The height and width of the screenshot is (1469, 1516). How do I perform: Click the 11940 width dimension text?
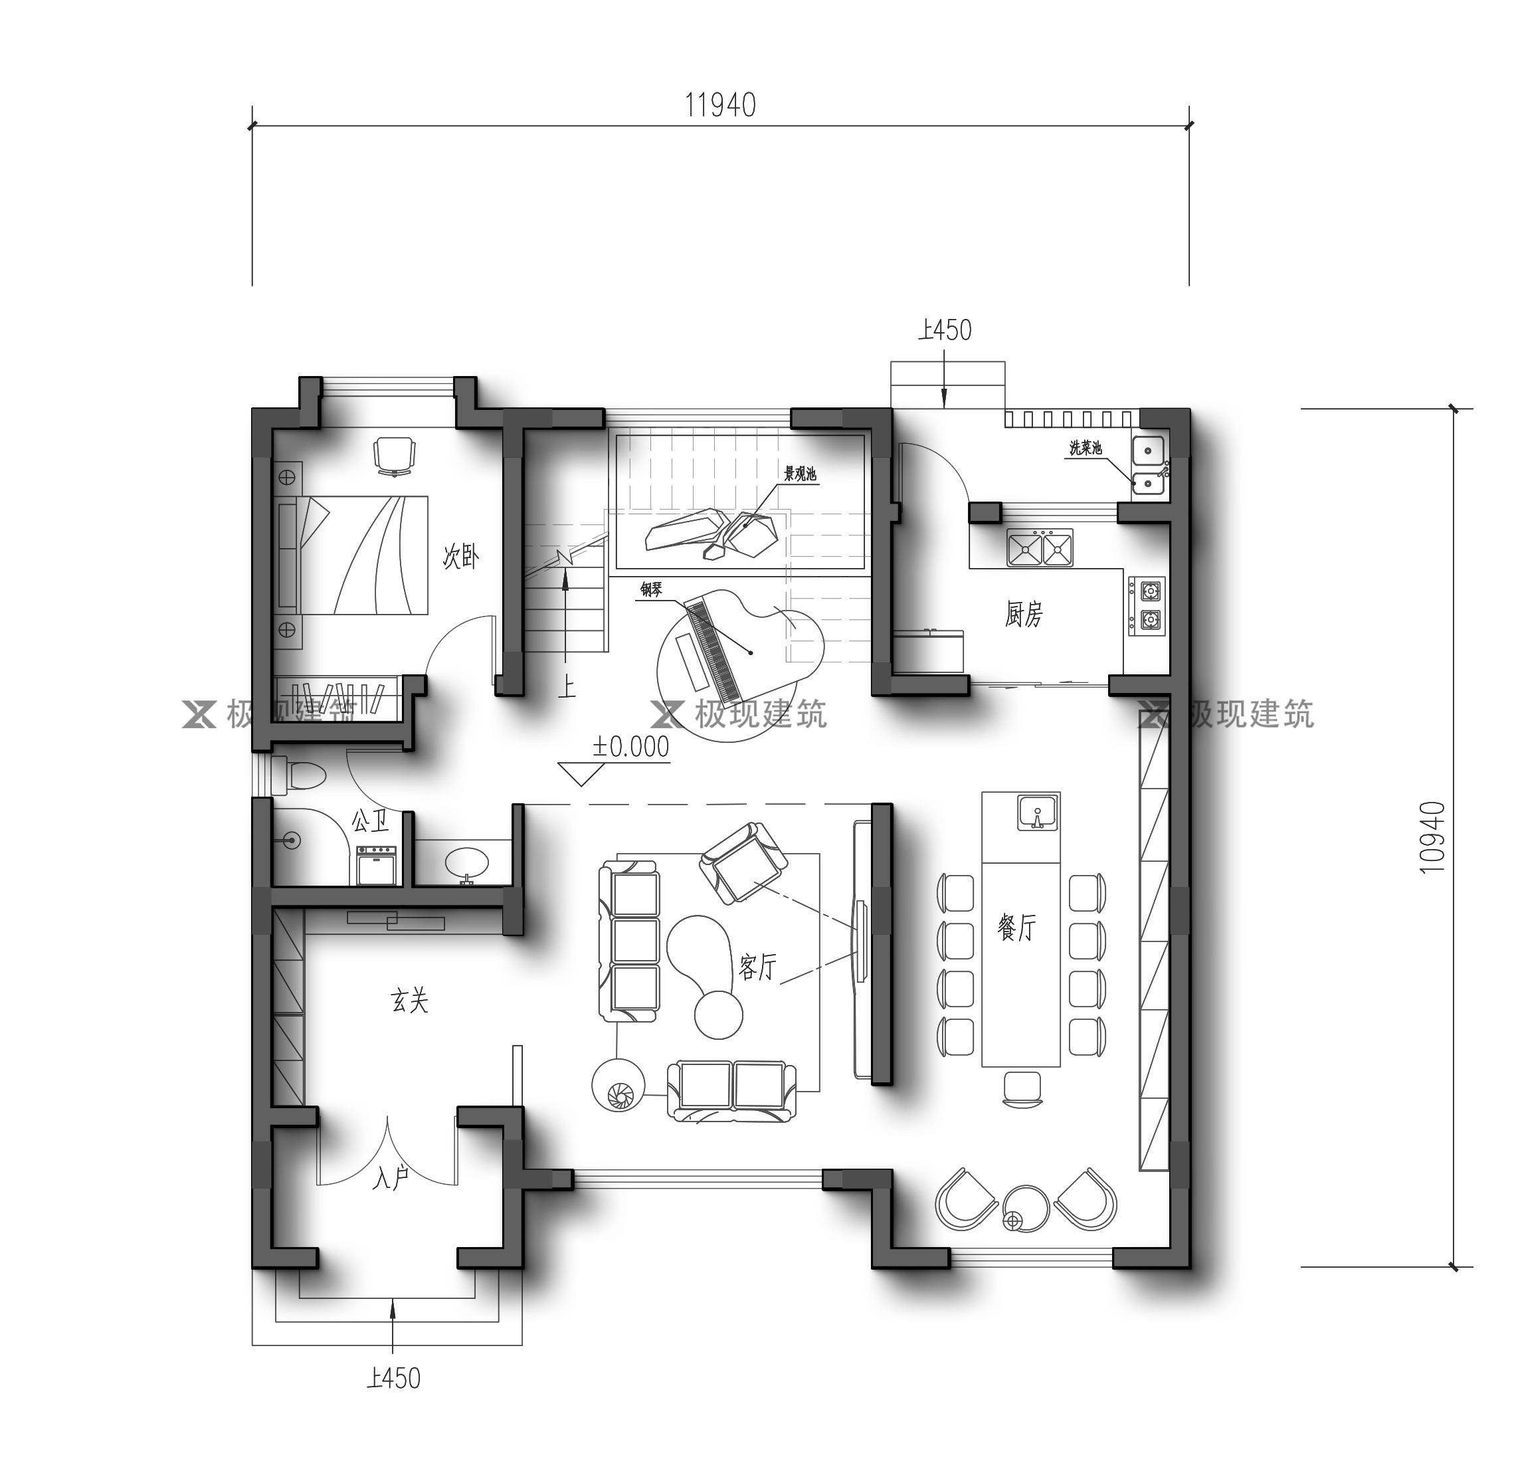(720, 105)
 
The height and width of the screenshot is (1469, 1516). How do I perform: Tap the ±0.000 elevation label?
(630, 747)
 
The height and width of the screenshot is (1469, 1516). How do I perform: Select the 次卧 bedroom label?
(461, 556)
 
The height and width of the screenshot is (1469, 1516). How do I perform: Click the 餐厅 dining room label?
(1016, 926)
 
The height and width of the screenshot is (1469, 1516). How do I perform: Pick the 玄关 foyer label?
(409, 1002)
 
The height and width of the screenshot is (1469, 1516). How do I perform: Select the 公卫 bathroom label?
(371, 821)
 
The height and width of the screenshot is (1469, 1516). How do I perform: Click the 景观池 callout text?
(800, 474)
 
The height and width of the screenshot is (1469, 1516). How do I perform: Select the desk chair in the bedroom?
(394, 455)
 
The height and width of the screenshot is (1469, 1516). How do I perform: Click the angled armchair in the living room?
(743, 861)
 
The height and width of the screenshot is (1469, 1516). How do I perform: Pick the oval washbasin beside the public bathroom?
(466, 861)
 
